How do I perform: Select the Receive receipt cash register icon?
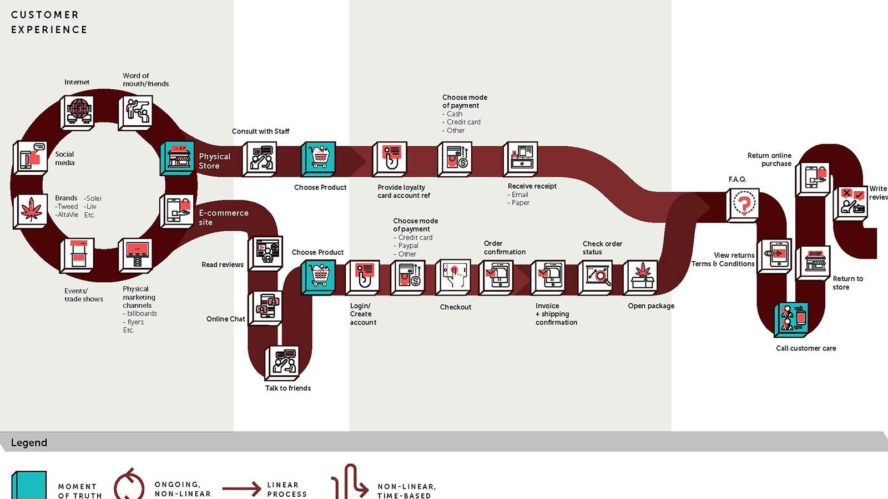pos(521,159)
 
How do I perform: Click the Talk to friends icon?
pos(283,362)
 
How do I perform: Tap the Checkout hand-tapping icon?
pos(454,276)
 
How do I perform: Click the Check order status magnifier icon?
pos(596,276)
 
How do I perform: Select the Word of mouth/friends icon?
pos(136,111)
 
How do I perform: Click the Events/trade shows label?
pos(83,295)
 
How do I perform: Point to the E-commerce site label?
pos(223,217)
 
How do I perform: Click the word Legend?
pos(29,442)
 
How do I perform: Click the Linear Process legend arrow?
pos(241,488)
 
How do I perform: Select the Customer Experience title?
pos(49,22)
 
